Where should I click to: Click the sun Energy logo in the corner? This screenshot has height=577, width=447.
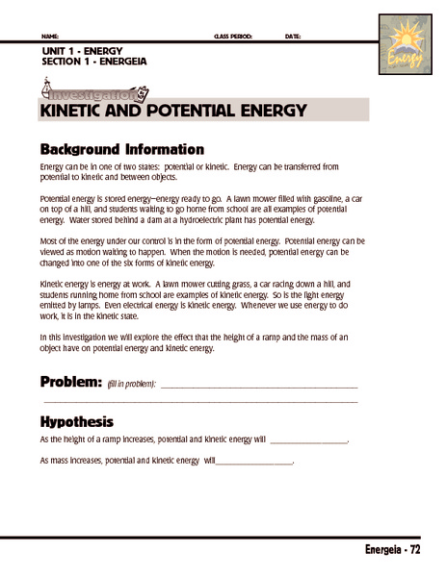[405, 43]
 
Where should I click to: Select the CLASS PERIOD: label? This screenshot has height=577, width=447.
[232, 37]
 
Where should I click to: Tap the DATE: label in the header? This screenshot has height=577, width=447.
[293, 37]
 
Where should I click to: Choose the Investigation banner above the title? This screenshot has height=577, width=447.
[94, 94]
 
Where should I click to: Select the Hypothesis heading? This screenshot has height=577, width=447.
[77, 421]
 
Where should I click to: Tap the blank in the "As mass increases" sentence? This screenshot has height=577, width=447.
[252, 463]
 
